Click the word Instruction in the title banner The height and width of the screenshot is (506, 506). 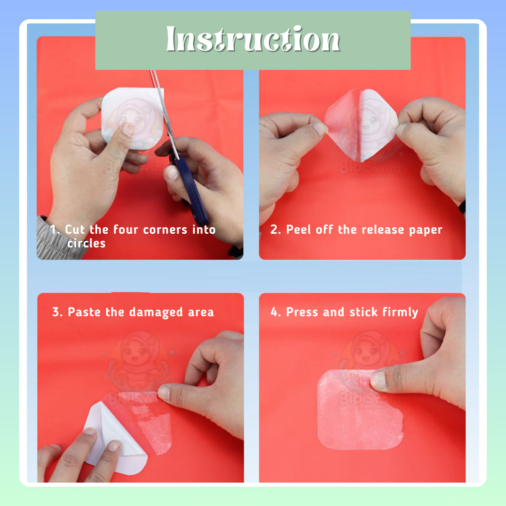click(x=252, y=39)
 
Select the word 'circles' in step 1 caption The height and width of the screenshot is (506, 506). click(x=87, y=243)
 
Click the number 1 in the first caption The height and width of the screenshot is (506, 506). click(x=54, y=230)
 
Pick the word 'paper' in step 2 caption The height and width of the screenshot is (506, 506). click(x=426, y=230)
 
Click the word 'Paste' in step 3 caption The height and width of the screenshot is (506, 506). click(x=85, y=312)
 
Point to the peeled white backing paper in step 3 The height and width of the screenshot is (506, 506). click(x=109, y=433)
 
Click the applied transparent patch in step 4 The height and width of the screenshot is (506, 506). click(x=354, y=415)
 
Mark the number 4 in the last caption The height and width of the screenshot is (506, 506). click(x=275, y=312)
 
